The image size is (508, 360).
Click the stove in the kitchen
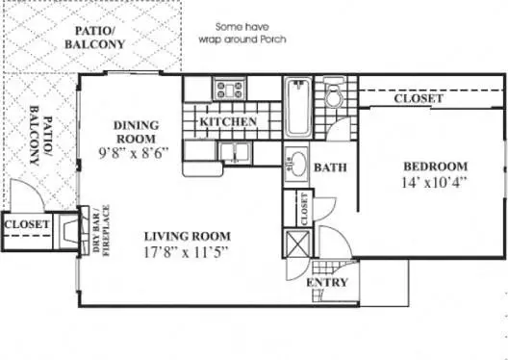230,89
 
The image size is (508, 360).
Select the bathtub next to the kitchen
297,107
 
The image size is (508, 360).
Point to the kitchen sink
235,152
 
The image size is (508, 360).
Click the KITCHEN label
228,122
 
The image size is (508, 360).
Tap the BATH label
330,167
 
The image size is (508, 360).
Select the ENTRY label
327,283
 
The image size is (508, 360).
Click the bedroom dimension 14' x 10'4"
434,183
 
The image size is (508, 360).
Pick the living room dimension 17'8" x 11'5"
187,252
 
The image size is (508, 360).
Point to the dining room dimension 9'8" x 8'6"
134,153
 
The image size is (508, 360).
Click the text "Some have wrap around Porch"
242,33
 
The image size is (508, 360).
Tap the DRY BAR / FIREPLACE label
101,230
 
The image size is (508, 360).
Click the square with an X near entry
297,243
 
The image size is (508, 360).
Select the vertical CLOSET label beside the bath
305,209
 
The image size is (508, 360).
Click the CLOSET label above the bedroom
419,98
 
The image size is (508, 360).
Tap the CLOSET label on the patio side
27,224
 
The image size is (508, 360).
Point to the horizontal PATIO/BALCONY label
95,38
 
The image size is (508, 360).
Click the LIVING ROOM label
188,237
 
